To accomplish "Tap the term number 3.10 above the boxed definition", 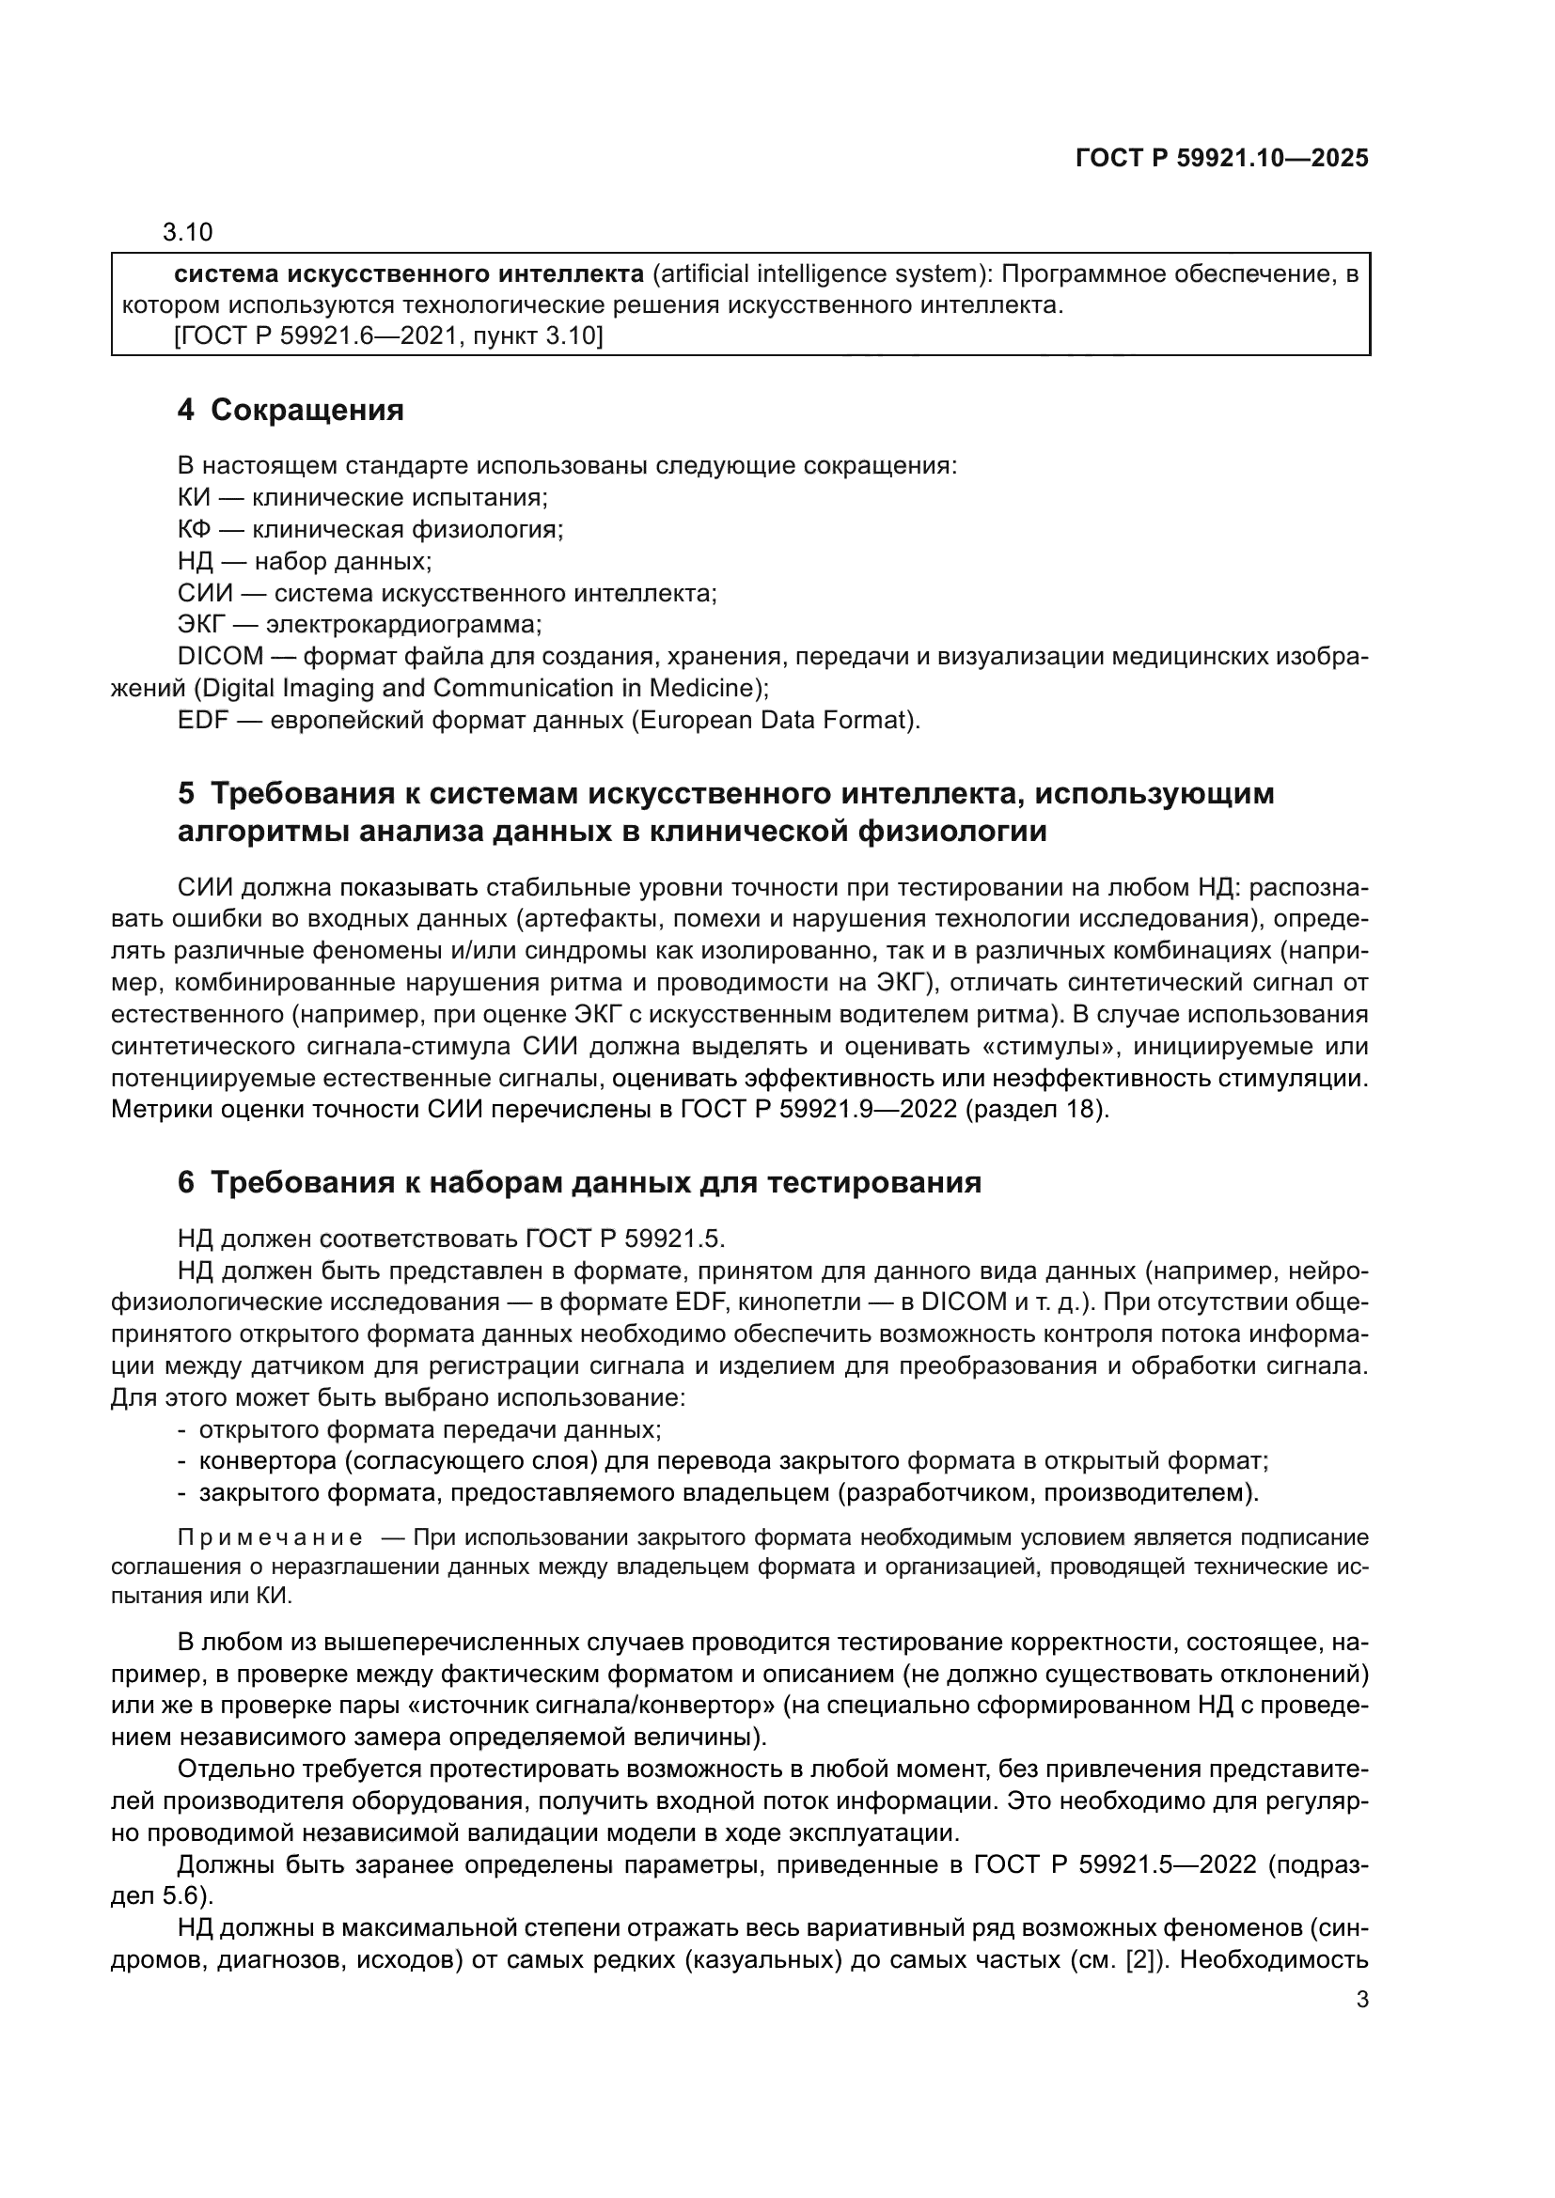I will (x=188, y=232).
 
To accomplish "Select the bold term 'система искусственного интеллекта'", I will (x=409, y=274).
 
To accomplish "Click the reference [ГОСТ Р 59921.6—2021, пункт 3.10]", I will (x=389, y=336).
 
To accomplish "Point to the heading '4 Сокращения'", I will (x=291, y=411).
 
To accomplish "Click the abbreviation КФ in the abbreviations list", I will (x=194, y=529).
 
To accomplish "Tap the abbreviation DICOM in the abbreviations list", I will (x=220, y=657).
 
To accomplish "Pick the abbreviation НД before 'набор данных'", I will (x=195, y=561).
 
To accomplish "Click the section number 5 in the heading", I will (x=186, y=794).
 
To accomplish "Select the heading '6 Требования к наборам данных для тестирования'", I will (x=579, y=1182).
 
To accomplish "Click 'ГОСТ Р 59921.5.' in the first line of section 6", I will (x=624, y=1239).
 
